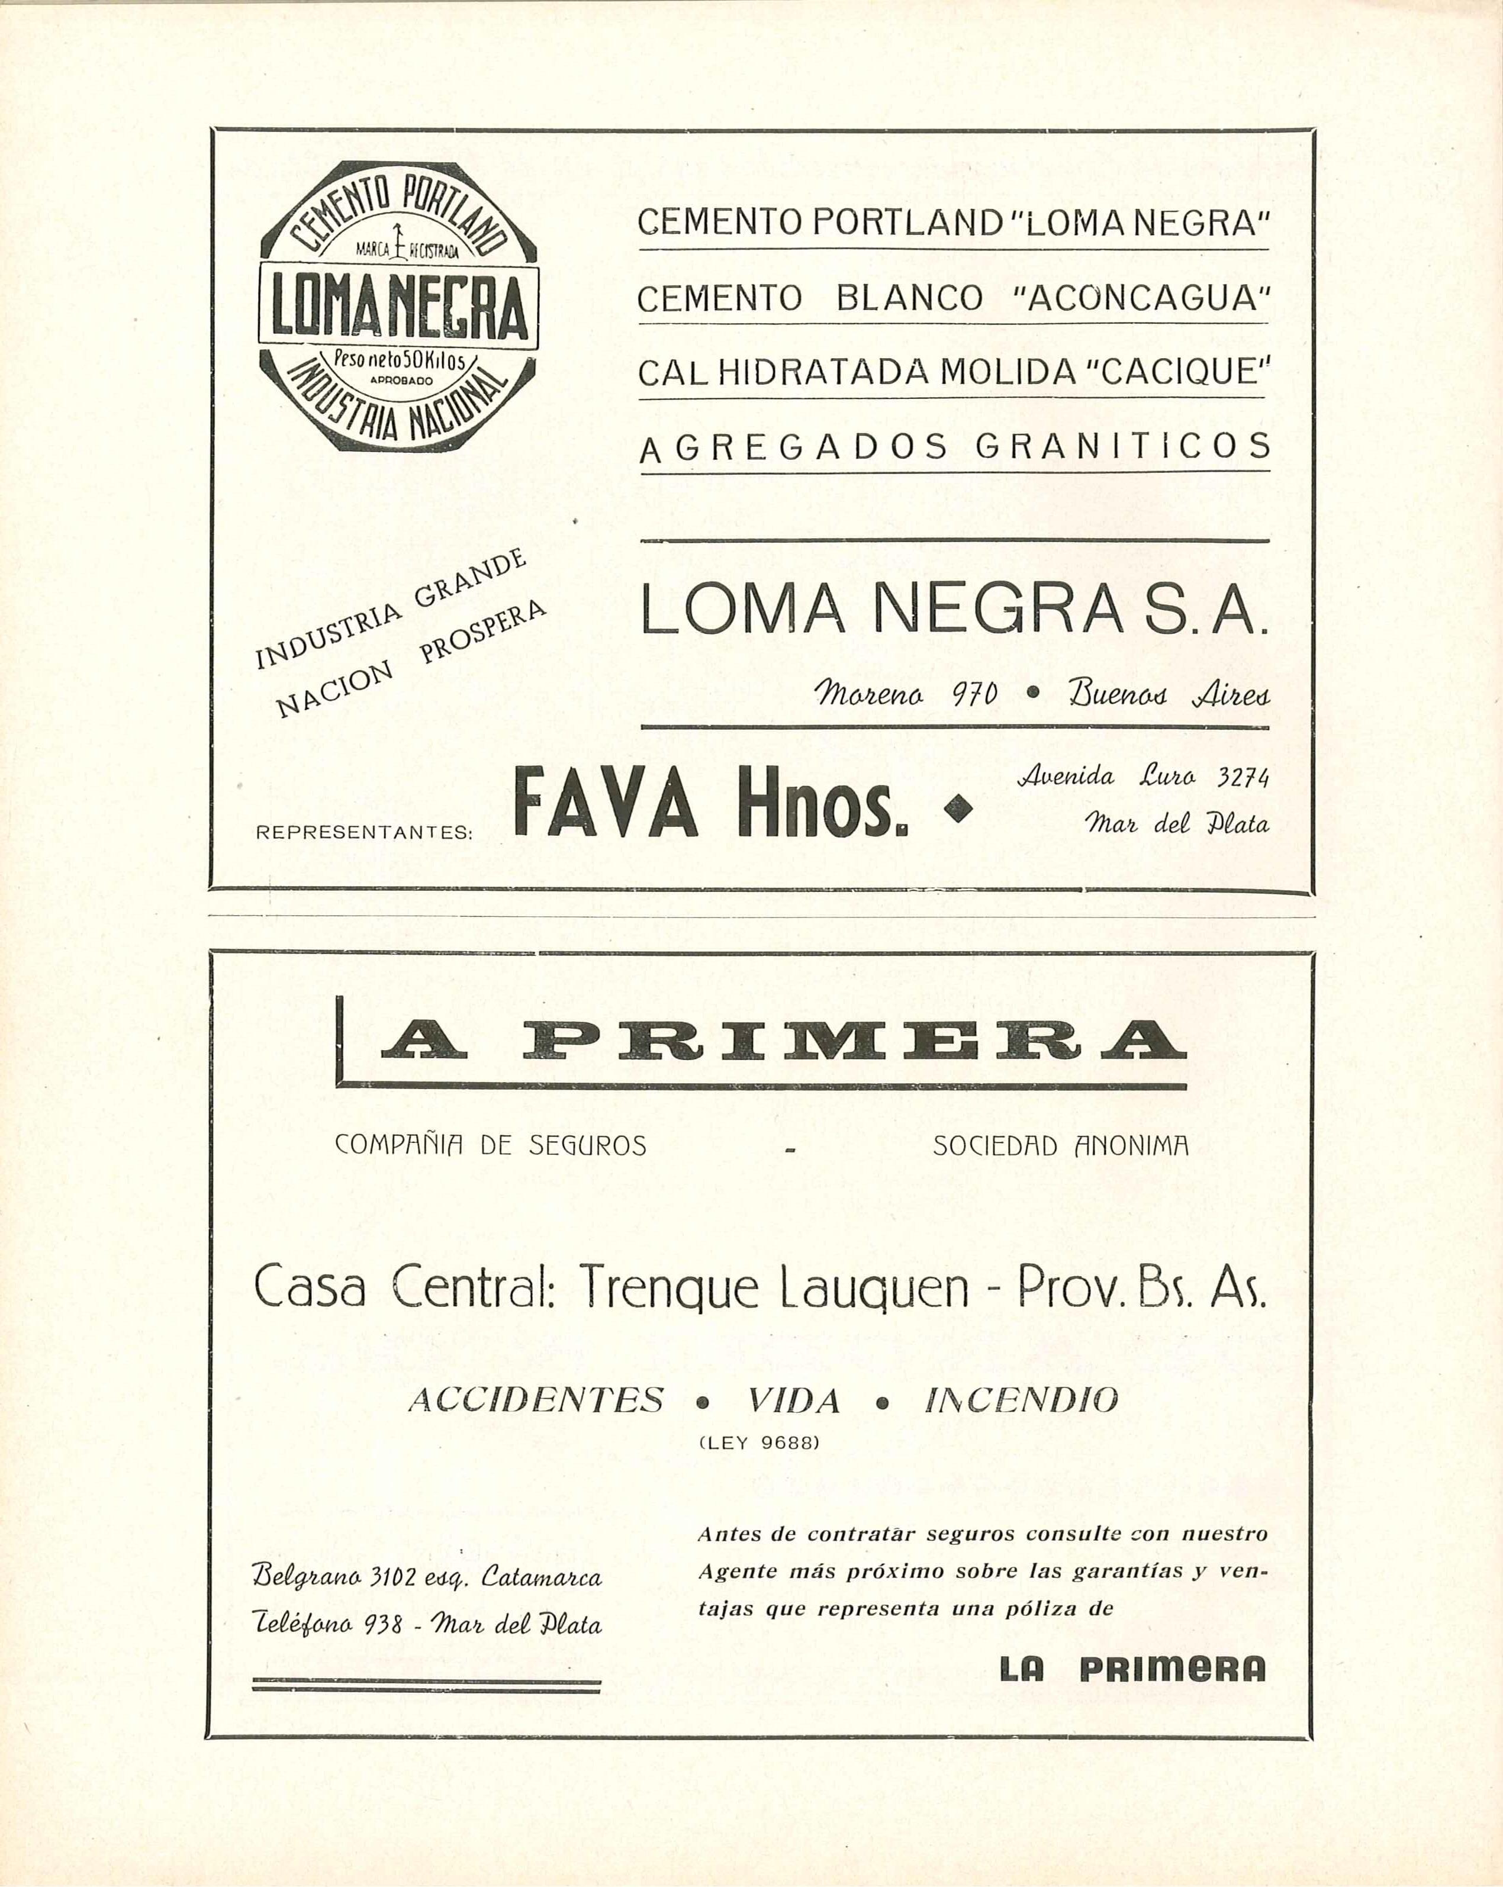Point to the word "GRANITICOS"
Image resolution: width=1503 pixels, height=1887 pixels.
[1123, 447]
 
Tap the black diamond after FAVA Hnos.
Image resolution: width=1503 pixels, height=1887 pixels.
[960, 806]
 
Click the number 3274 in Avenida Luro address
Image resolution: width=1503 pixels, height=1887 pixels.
[1243, 777]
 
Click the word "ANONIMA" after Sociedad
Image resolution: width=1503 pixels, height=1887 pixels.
[1132, 1146]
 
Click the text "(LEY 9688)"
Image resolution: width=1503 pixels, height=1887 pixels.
[760, 1443]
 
